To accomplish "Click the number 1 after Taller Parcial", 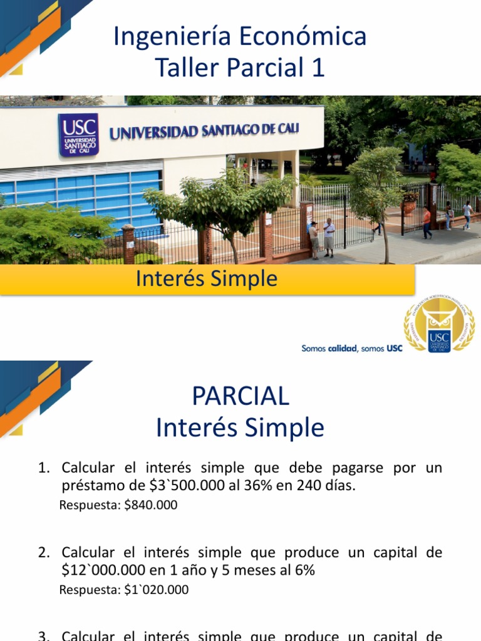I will [x=318, y=68].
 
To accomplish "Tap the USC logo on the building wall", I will [x=78, y=133].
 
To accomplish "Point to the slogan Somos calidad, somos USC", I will [x=352, y=349].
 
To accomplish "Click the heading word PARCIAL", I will [x=240, y=396].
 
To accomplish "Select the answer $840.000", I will [x=150, y=505].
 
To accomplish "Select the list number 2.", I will [x=43, y=553].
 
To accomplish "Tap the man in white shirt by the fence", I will [x=329, y=237].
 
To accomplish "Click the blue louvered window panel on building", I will [x=94, y=194].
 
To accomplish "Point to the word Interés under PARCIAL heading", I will [x=197, y=428].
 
